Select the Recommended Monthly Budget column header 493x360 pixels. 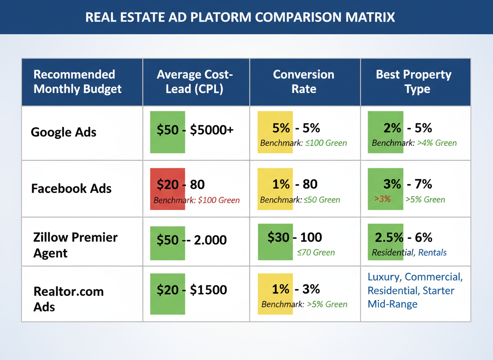(77, 82)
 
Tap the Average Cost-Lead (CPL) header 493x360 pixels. (196, 82)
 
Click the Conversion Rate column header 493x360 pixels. (304, 82)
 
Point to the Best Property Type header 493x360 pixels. (413, 82)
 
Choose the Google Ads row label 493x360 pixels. (64, 132)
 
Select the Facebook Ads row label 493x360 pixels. (71, 188)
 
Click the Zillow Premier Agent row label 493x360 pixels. (75, 245)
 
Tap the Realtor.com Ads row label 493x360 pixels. (68, 299)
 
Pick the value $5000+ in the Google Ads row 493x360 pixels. (212, 130)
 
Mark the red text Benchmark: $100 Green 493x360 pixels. (197, 200)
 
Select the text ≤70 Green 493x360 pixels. (316, 252)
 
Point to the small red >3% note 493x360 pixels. (382, 199)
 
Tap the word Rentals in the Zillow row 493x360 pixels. (433, 252)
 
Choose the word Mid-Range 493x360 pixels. (392, 304)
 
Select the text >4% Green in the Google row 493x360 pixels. (437, 143)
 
